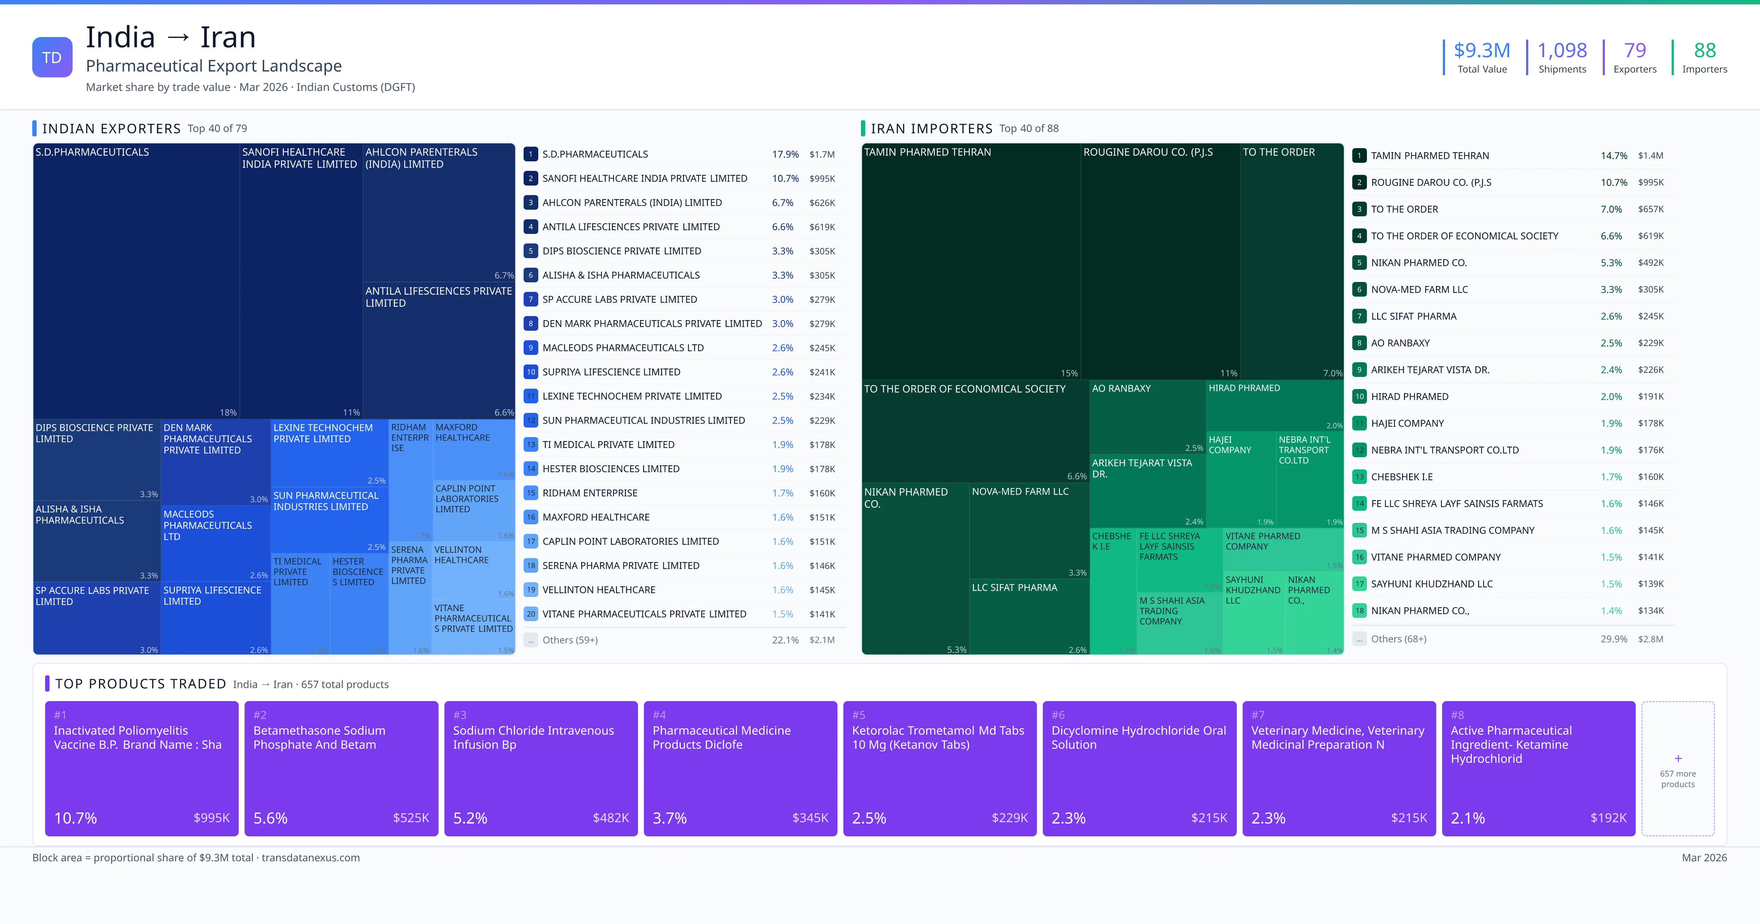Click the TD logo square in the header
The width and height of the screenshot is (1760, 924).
[52, 58]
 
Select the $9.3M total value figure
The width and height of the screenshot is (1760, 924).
[1481, 51]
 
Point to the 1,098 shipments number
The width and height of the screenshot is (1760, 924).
[1562, 51]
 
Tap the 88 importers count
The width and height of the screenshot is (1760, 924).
[1704, 51]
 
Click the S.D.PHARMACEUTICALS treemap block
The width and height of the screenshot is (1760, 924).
[136, 280]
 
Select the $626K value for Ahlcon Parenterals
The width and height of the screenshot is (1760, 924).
[822, 203]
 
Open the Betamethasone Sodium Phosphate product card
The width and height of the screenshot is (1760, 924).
[341, 768]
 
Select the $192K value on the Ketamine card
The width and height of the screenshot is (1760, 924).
[1607, 818]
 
